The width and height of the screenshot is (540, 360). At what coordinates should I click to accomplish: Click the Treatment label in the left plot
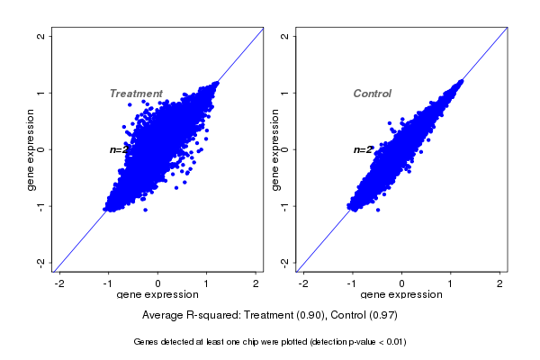coord(136,94)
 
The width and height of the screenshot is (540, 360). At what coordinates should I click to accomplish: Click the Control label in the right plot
coord(373,94)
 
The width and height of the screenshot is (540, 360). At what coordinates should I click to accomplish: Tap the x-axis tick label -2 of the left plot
coord(59,284)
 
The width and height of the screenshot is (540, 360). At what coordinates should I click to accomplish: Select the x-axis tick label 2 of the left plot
coord(256,284)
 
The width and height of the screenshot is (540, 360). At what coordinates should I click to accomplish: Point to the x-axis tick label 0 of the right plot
coord(402,284)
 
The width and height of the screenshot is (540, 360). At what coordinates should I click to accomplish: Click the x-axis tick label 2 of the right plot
coord(500,284)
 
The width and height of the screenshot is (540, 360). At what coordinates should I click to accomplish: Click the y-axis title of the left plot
coord(31,149)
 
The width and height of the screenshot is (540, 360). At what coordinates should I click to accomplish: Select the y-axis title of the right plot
coord(274,149)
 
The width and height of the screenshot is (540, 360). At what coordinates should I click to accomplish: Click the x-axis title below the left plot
coord(157,295)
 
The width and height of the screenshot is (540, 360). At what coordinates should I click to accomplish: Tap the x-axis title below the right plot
coord(401,295)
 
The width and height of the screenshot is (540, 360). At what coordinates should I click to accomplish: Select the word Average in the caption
coord(163,316)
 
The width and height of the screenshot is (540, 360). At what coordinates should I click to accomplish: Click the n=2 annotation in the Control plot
coord(363,149)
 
